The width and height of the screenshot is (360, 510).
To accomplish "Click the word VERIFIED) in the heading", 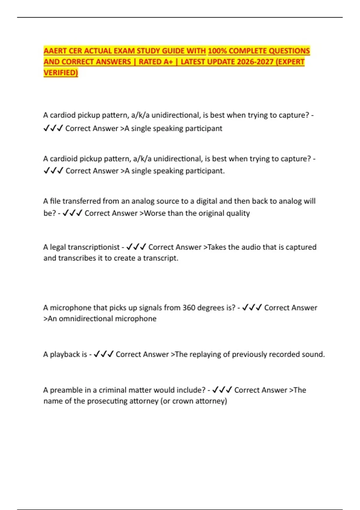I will coord(61,73).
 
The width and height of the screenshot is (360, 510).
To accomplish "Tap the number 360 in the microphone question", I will coord(189,308).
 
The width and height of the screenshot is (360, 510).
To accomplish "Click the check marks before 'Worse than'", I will coord(72,213).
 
